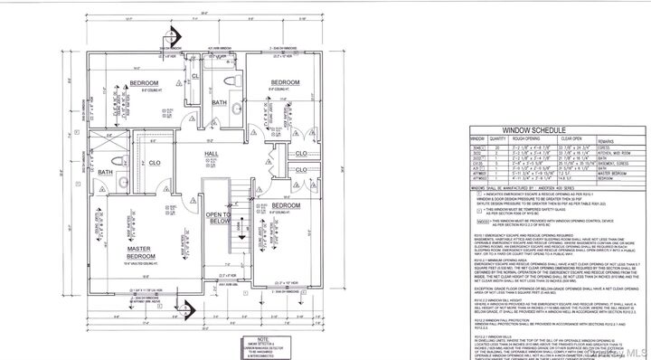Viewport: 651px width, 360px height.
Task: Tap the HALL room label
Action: click(212, 155)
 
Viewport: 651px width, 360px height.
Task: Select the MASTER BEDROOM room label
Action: click(138, 255)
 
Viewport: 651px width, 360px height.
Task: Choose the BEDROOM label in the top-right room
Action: click(289, 82)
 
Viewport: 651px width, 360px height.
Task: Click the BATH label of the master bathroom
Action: click(106, 172)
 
